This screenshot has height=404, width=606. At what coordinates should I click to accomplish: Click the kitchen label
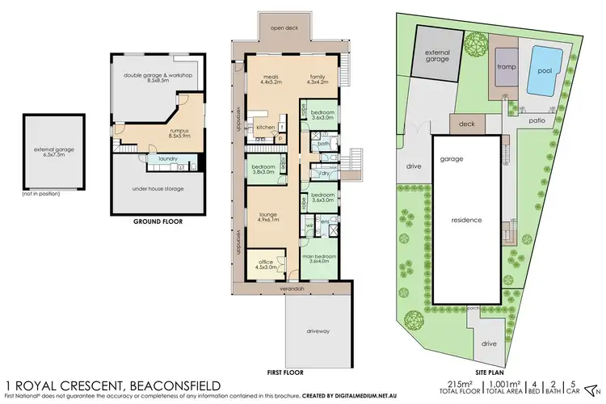pos(265,128)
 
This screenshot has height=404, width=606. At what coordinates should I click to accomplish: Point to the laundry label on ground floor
pos(168,158)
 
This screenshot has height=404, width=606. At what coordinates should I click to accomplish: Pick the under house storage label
pos(158,189)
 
